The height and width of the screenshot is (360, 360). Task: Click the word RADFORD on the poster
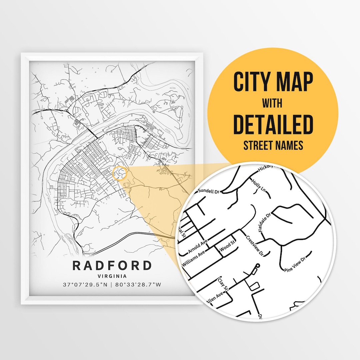tap(112, 266)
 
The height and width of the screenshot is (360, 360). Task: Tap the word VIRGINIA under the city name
tap(112, 276)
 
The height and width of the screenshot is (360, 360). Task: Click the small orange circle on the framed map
tap(120, 174)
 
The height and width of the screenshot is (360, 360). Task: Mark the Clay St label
tap(222, 284)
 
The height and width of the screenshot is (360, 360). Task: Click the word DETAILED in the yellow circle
tap(273, 124)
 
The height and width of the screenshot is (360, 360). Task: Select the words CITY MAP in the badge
tap(273, 82)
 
